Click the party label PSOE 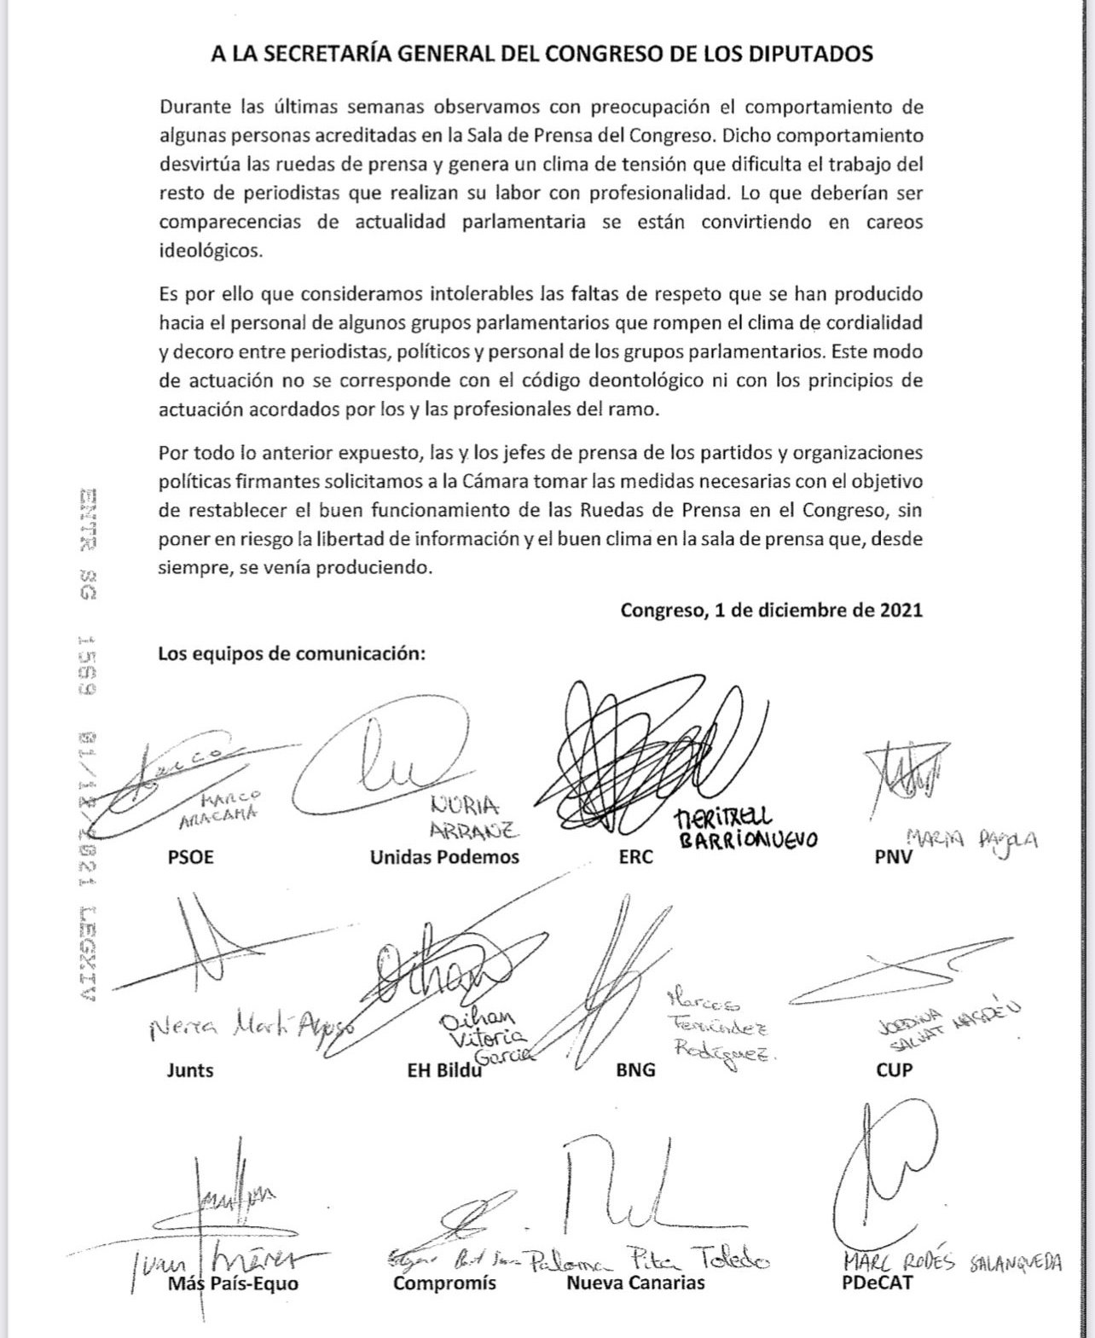coord(191,857)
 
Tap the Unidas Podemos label coord(444,857)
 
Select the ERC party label coord(635,857)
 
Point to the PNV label coord(894,857)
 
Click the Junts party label coord(190,1069)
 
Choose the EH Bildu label coord(445,1069)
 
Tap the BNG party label coord(635,1069)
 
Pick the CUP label coord(894,1069)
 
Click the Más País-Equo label coord(233,1282)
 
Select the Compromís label coord(444,1282)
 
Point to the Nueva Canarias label coord(635,1282)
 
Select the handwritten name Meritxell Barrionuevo coord(744,827)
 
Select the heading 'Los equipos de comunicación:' coord(292,654)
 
